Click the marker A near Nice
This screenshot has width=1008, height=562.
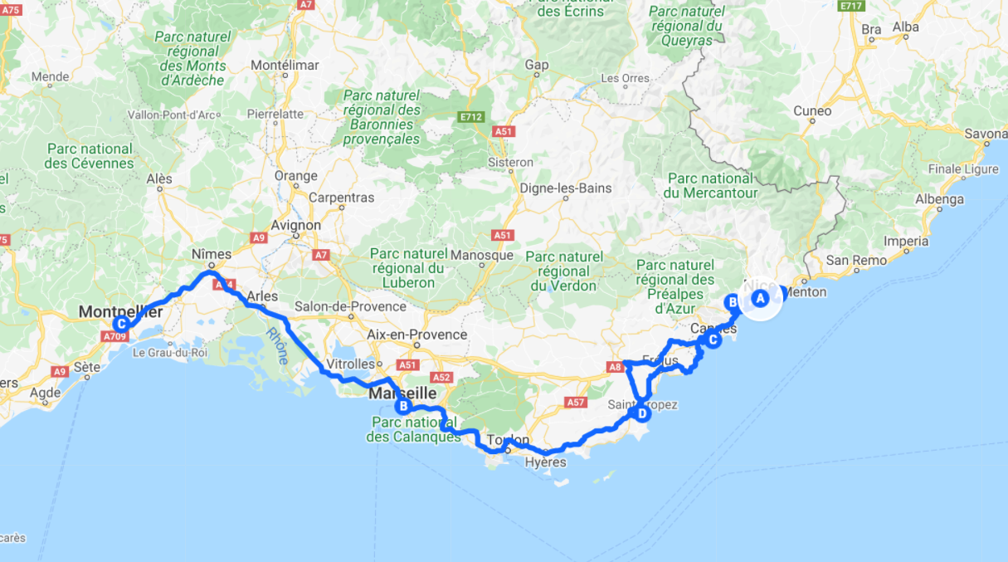coord(760,299)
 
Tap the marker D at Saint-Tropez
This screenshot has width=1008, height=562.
coord(641,413)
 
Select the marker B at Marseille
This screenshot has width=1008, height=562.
coord(403,406)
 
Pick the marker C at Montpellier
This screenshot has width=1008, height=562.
coord(122,324)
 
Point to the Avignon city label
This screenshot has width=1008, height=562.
coord(296,225)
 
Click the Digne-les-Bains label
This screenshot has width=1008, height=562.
coord(566,188)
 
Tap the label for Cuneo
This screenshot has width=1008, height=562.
coord(812,110)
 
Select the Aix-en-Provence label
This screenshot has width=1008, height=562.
coord(417,335)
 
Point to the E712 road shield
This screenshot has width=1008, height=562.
coord(470,117)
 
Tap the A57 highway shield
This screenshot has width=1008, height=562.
coord(576,402)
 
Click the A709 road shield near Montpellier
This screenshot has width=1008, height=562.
coord(113,336)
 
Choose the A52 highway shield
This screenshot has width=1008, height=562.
coord(441,378)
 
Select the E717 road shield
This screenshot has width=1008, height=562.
coord(852,6)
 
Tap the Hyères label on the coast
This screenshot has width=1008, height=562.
coord(546,462)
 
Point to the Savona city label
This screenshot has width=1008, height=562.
coord(986,133)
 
